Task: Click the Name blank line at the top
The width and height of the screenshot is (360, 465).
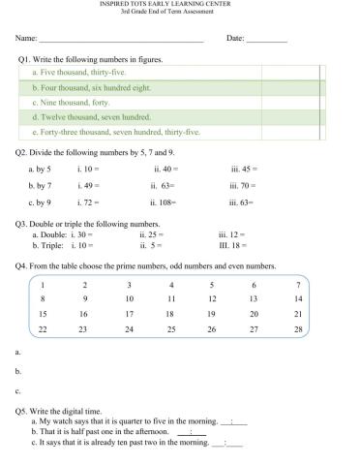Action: tap(120, 42)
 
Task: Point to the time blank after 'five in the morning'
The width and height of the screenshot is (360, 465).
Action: tap(234, 423)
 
